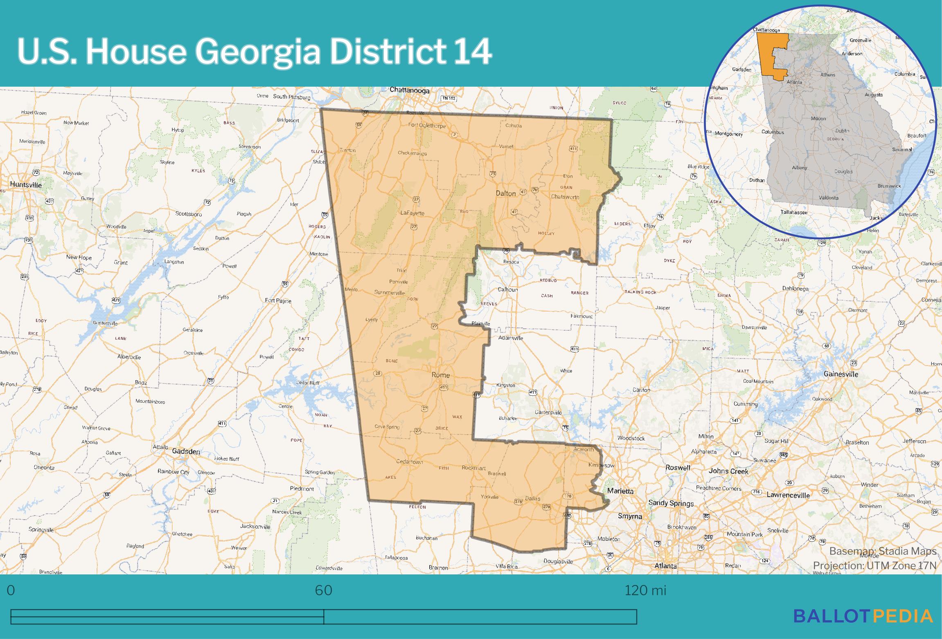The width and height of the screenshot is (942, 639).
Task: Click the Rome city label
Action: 440,375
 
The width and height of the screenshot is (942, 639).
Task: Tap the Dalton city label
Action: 505,193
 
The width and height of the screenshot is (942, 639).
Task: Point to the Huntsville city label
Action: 26,185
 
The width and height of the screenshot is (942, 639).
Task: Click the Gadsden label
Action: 186,451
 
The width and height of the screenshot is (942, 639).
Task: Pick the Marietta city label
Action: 620,491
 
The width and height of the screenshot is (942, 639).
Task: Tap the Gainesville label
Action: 841,374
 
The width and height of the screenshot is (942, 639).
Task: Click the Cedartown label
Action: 409,462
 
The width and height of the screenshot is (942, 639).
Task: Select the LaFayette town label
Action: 412,213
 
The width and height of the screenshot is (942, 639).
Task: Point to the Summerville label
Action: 389,293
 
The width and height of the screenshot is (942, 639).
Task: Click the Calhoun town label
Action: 507,289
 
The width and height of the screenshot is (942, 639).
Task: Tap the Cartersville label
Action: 548,412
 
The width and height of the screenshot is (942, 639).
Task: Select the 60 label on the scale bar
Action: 323,590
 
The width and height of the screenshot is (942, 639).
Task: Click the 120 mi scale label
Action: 645,590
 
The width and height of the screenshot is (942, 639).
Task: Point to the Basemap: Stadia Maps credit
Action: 883,551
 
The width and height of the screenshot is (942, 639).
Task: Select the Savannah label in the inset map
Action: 902,149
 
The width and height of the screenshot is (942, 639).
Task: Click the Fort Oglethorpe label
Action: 427,126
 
